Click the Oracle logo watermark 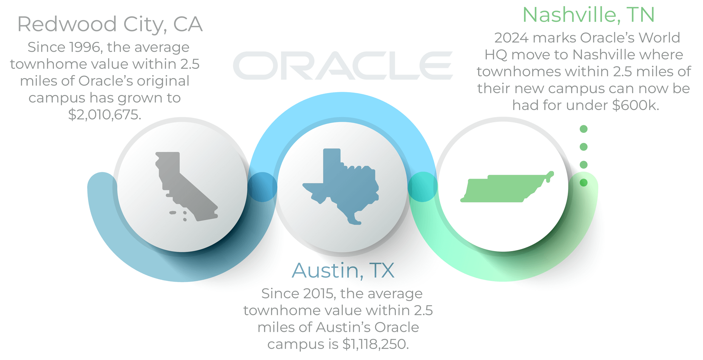(343, 65)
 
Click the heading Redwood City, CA (110, 24)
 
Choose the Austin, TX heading (343, 270)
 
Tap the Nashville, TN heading (588, 15)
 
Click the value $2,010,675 (105, 115)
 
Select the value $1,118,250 (375, 344)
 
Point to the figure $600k (635, 105)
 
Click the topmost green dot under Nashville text (583, 129)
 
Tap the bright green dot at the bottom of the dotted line (583, 182)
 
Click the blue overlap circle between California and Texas (262, 187)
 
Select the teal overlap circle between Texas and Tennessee (423, 187)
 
